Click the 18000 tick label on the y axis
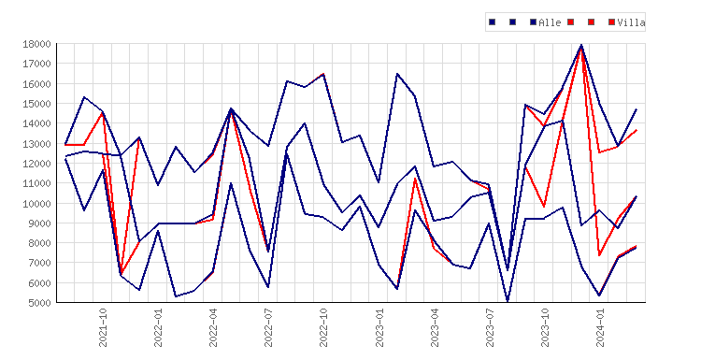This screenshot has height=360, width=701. click(x=36, y=44)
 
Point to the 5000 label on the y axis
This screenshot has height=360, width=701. click(x=39, y=303)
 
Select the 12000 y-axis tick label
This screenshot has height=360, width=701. click(x=36, y=164)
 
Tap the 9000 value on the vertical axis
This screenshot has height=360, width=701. click(x=39, y=223)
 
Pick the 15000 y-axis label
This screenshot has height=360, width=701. click(x=36, y=104)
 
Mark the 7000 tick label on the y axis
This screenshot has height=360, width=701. click(x=39, y=263)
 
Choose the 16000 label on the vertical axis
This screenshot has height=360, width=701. click(x=36, y=84)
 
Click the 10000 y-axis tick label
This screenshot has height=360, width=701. click(x=36, y=204)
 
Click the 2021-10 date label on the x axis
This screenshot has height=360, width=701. click(x=103, y=327)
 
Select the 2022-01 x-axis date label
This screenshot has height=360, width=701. click(x=158, y=327)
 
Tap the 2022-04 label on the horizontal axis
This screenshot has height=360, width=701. click(x=213, y=327)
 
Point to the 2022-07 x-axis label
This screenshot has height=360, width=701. click(x=268, y=327)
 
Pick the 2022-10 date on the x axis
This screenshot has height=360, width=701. click(x=323, y=327)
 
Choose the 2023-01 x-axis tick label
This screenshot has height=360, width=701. click(x=379, y=327)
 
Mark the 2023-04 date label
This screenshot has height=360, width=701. click(x=435, y=327)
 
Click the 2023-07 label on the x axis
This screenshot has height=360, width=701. click(x=490, y=327)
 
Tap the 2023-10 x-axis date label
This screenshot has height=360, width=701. click(x=545, y=327)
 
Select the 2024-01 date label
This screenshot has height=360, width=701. click(x=600, y=327)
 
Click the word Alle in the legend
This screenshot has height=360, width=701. click(x=550, y=22)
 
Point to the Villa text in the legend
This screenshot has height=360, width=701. click(x=631, y=22)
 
